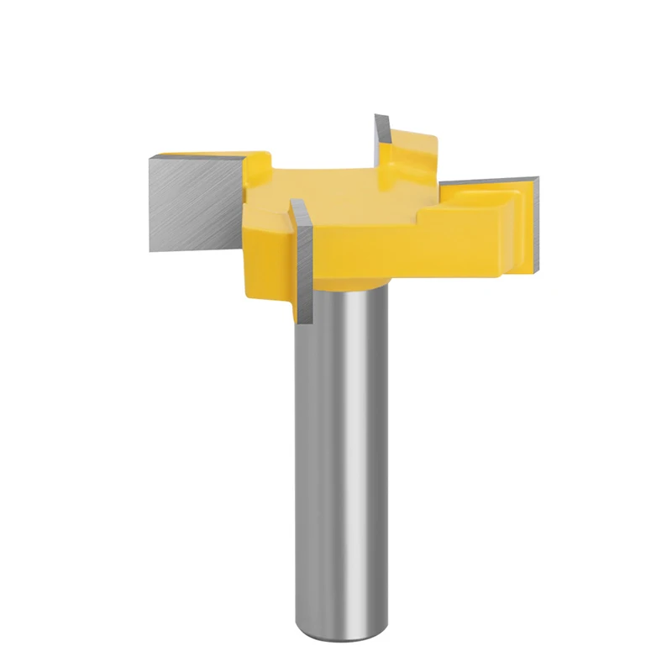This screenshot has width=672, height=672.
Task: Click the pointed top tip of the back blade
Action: [377, 115]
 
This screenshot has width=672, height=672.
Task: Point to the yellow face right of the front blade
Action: [353, 252]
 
